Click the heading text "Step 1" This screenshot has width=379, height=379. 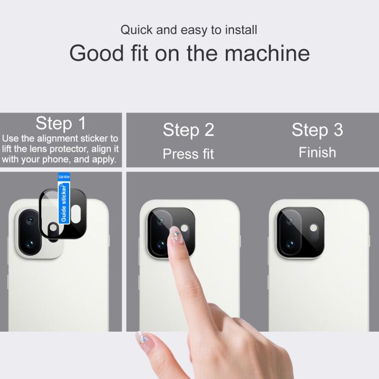pyautogui.click(x=61, y=123)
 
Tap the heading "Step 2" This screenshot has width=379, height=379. pyautogui.click(x=189, y=130)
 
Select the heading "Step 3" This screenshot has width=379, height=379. pyautogui.click(x=317, y=130)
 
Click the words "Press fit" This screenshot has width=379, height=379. pyautogui.click(x=188, y=154)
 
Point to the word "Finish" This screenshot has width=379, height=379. pyautogui.click(x=317, y=153)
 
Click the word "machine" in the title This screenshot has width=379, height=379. pyautogui.click(x=267, y=53)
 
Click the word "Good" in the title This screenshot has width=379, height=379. pyautogui.click(x=97, y=53)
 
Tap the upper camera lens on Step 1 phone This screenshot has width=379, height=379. pyautogui.click(x=30, y=220)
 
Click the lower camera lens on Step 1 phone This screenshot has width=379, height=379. pyautogui.click(x=30, y=244)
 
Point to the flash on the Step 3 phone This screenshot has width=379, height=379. pyautogui.click(x=313, y=228)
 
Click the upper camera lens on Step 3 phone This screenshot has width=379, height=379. pyautogui.click(x=290, y=221)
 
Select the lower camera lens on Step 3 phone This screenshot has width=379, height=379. pyautogui.click(x=290, y=244)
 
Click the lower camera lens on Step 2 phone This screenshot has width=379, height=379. pyautogui.click(x=161, y=244)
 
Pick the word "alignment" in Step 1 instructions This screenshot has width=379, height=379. pyautogui.click(x=57, y=138)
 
